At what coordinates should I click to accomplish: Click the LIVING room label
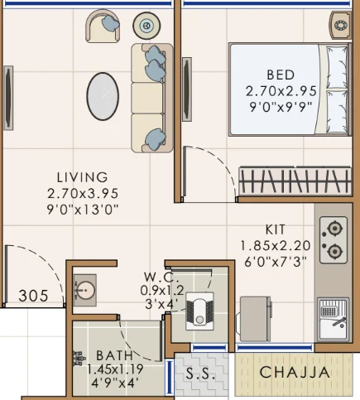[x=82, y=176]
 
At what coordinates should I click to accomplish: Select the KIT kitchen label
[x=276, y=229]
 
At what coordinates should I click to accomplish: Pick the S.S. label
[x=202, y=373]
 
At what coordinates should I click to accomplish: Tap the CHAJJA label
[x=295, y=373]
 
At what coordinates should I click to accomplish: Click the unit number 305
[x=32, y=295]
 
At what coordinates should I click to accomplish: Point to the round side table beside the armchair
[x=148, y=24]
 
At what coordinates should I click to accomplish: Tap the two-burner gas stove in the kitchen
[x=333, y=238]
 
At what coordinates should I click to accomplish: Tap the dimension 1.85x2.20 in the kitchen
[x=276, y=245]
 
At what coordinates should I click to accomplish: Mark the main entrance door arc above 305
[x=33, y=261]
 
